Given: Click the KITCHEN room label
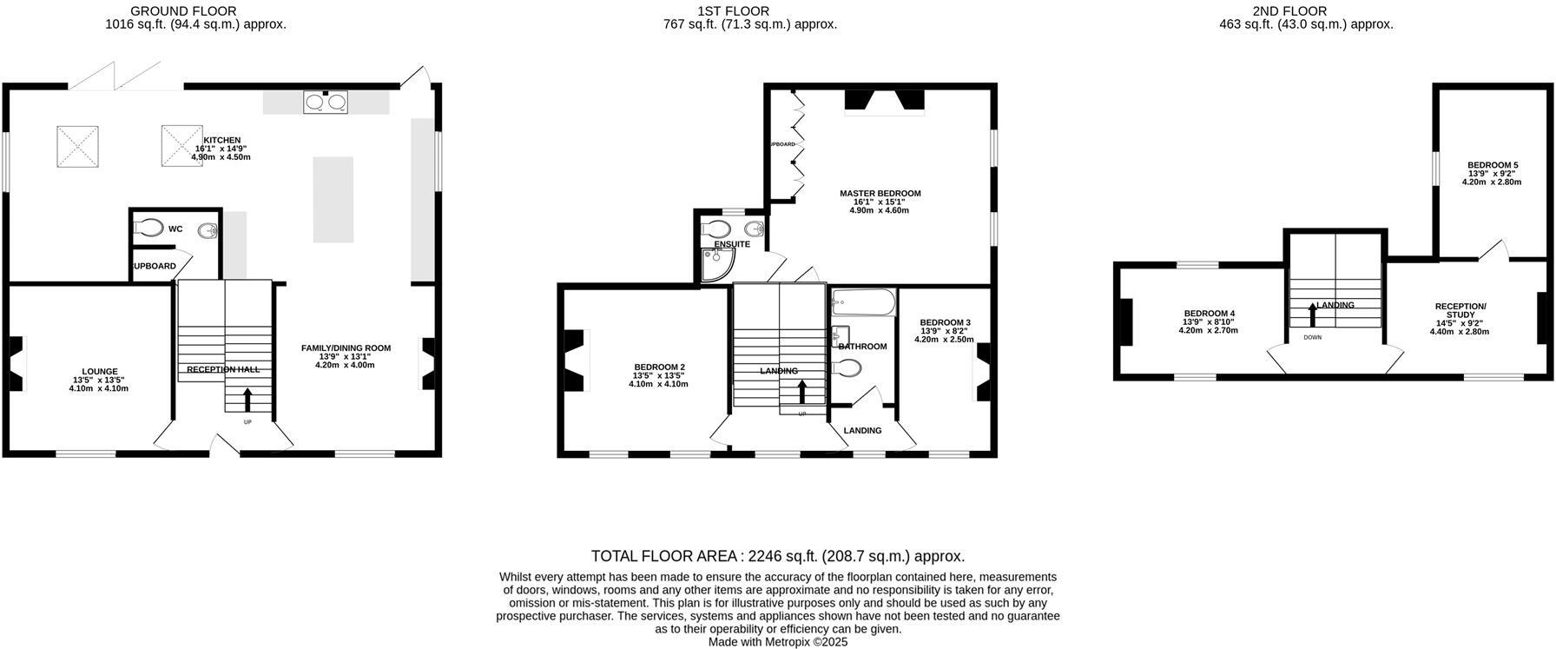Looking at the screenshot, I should pyautogui.click(x=221, y=140).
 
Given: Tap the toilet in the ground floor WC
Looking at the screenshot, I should pyautogui.click(x=149, y=228).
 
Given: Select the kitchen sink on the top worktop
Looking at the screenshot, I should pyautogui.click(x=326, y=103).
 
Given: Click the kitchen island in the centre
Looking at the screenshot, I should pyautogui.click(x=333, y=199).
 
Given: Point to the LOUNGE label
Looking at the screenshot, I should pyautogui.click(x=100, y=371).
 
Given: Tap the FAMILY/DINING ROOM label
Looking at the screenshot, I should pyautogui.click(x=346, y=348).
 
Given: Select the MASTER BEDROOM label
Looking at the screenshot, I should pyautogui.click(x=880, y=194).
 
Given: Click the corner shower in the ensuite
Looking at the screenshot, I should pyautogui.click(x=715, y=267).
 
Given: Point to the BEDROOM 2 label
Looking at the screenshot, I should pyautogui.click(x=659, y=367).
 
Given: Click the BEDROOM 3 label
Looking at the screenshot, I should pyautogui.click(x=945, y=322).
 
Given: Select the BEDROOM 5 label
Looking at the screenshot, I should pyautogui.click(x=1493, y=165).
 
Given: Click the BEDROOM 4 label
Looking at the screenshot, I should pyautogui.click(x=1209, y=314).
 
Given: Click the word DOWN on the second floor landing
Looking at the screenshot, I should pyautogui.click(x=1312, y=337).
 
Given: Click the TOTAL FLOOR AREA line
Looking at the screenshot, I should pyautogui.click(x=777, y=556).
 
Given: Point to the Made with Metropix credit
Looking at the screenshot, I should pyautogui.click(x=777, y=642).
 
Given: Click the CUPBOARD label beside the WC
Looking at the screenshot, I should pyautogui.click(x=154, y=266).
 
